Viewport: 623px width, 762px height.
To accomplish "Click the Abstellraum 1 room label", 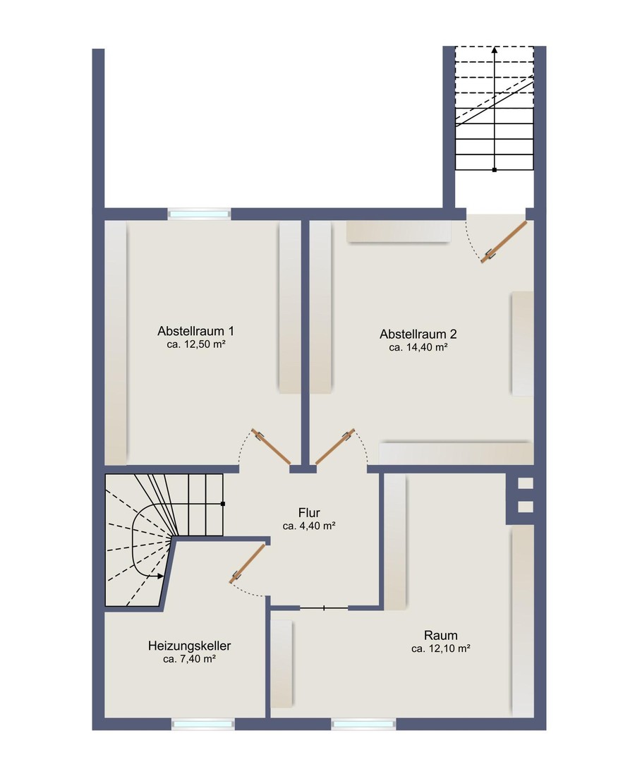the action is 195,331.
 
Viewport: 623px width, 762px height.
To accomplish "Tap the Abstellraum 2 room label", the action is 418,334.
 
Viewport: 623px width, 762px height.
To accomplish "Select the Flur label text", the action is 309,513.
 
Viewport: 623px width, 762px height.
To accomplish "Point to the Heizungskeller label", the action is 190,646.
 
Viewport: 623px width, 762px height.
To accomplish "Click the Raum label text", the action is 441,635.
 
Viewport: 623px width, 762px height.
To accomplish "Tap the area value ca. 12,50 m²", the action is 195,344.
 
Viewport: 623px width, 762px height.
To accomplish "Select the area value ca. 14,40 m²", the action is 418,347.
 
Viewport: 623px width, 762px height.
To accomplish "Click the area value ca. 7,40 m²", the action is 190,660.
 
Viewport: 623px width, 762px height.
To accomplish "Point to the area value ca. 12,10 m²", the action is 441,648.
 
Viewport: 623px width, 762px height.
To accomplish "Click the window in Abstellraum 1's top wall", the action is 199,214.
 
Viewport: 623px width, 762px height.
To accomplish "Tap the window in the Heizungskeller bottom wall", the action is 203,724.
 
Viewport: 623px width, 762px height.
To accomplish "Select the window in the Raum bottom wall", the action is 363,724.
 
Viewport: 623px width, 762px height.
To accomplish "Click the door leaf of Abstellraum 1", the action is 271,447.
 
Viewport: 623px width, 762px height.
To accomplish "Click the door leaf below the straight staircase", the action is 504,242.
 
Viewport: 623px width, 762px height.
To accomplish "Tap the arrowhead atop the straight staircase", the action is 495,49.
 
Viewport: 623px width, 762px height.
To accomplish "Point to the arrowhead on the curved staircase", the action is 162,576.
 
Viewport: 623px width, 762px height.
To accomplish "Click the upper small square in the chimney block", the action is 526,483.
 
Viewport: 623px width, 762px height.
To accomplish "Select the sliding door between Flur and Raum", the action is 324,607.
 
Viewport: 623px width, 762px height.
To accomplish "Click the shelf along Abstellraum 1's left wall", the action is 116,343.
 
